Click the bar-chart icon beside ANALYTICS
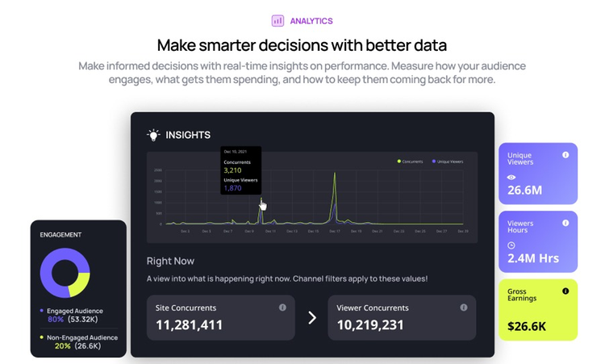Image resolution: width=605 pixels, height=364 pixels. [x=277, y=21]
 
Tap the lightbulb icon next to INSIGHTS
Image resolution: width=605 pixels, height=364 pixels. [x=153, y=135]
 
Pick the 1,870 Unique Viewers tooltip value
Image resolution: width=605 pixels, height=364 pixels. [x=232, y=188]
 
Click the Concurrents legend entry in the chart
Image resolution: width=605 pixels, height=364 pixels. [x=411, y=161]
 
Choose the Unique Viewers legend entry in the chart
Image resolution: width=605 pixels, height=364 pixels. [x=449, y=161]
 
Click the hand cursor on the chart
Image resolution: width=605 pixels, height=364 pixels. [x=262, y=206]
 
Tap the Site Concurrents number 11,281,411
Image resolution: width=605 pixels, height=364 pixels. [x=184, y=324]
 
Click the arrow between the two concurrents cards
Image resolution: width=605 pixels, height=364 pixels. [x=312, y=317]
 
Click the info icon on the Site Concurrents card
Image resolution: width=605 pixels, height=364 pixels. [x=282, y=308]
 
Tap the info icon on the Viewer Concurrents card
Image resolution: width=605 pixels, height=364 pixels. [x=464, y=308]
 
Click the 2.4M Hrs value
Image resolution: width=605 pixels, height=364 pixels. [x=532, y=258]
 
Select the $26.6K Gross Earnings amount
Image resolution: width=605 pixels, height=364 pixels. [x=528, y=326]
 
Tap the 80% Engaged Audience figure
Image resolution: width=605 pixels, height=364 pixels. [x=56, y=320]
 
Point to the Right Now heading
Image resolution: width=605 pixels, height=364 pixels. [x=170, y=261]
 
